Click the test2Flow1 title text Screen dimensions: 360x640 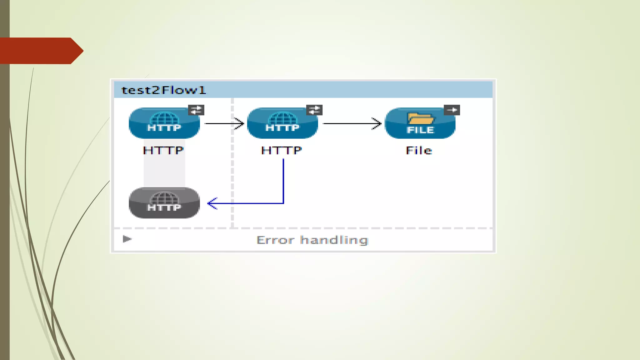click(x=163, y=90)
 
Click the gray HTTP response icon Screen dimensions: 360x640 click(x=164, y=203)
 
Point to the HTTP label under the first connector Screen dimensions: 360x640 click(x=163, y=151)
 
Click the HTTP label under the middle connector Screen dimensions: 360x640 click(x=281, y=151)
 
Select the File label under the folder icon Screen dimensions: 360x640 click(x=419, y=151)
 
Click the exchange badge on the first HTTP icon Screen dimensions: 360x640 click(x=196, y=110)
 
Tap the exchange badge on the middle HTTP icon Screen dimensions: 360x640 click(x=314, y=110)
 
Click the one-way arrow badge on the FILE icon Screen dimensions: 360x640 click(x=452, y=110)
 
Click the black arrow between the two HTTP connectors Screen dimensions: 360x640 click(x=224, y=123)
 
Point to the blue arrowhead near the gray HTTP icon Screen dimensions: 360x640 click(x=212, y=203)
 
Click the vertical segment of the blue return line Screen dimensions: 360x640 click(x=283, y=181)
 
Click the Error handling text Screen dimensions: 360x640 click(x=312, y=240)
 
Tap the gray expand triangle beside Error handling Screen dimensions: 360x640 click(x=127, y=239)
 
